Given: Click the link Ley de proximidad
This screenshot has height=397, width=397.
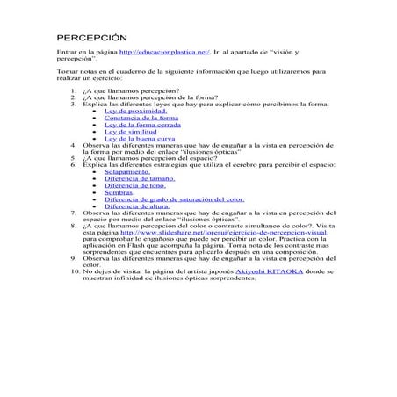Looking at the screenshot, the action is [135, 112].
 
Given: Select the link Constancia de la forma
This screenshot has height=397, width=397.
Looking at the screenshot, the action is [141, 119].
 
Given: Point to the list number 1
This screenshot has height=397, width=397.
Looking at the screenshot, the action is [75, 91].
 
